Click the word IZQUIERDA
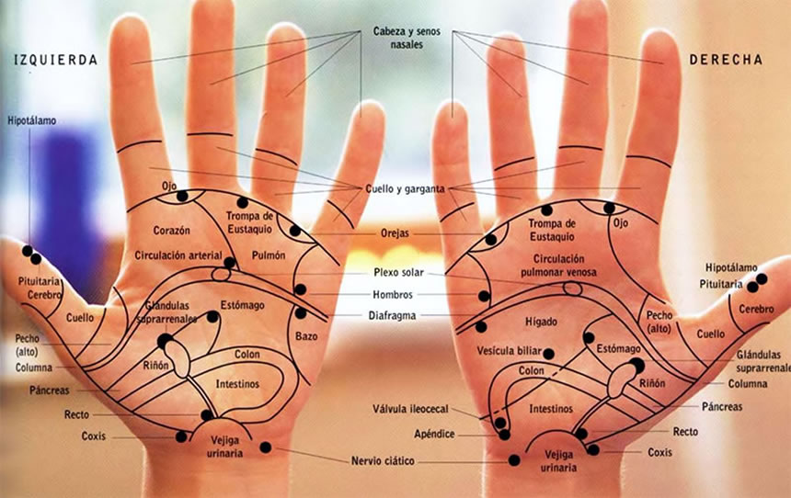pyautogui.click(x=55, y=61)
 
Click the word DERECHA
pyautogui.click(x=726, y=60)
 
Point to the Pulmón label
pyautogui.click(x=268, y=255)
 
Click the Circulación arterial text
pyautogui.click(x=178, y=255)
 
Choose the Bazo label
pyautogui.click(x=307, y=336)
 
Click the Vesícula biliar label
pyautogui.click(x=508, y=352)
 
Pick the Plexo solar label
pyautogui.click(x=398, y=273)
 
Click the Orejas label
pyautogui.click(x=397, y=233)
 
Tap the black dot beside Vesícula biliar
pyautogui.click(x=549, y=353)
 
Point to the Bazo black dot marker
pyautogui.click(x=300, y=313)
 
